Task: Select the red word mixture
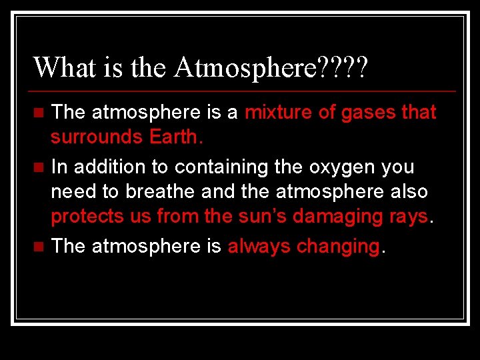point(279,112)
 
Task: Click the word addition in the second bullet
point(105,167)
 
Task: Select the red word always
point(259,247)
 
